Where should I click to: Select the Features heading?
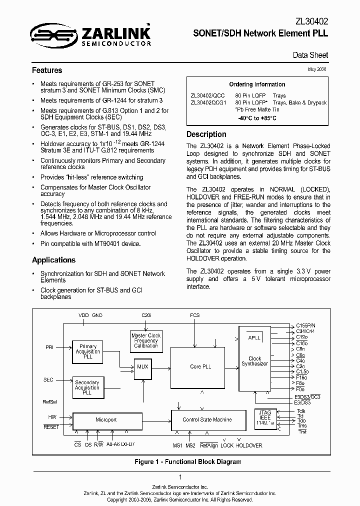pyautogui.click(x=47, y=70)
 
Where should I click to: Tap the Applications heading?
pyautogui.click(x=53, y=260)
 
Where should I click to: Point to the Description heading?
pyautogui.click(x=206, y=134)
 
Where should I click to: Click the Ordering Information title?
pyautogui.click(x=257, y=84)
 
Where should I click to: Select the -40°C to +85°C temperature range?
pyautogui.click(x=257, y=118)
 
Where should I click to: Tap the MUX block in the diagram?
pyautogui.click(x=143, y=366)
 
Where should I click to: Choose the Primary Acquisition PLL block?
pyautogui.click(x=87, y=351)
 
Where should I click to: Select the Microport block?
pyautogui.click(x=106, y=419)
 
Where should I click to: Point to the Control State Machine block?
pyautogui.click(x=207, y=419)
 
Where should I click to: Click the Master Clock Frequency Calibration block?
pyautogui.click(x=146, y=340)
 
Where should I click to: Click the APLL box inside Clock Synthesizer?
pyautogui.click(x=254, y=338)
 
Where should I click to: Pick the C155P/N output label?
pyautogui.click(x=306, y=326)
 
